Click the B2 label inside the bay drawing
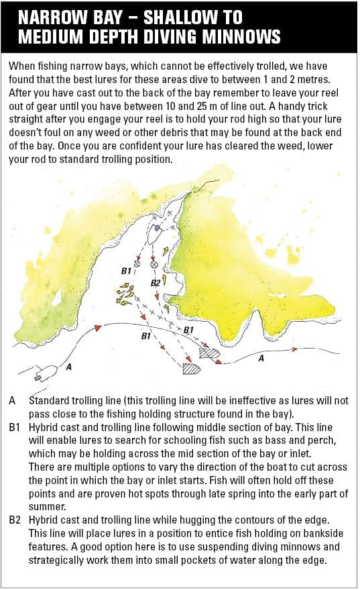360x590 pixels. [x=156, y=282]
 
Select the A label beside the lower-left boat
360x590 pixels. [x=68, y=367]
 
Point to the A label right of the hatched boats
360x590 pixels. [x=261, y=359]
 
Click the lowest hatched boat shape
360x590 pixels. [x=192, y=369]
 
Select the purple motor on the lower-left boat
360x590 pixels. [x=38, y=377]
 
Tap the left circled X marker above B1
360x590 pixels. [x=137, y=263]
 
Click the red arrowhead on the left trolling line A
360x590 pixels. [x=98, y=328]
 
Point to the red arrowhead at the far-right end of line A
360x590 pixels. [x=295, y=349]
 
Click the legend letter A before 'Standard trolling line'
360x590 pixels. [x=13, y=400]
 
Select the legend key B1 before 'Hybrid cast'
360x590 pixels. [x=14, y=428]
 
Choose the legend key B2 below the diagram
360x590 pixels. [x=15, y=520]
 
